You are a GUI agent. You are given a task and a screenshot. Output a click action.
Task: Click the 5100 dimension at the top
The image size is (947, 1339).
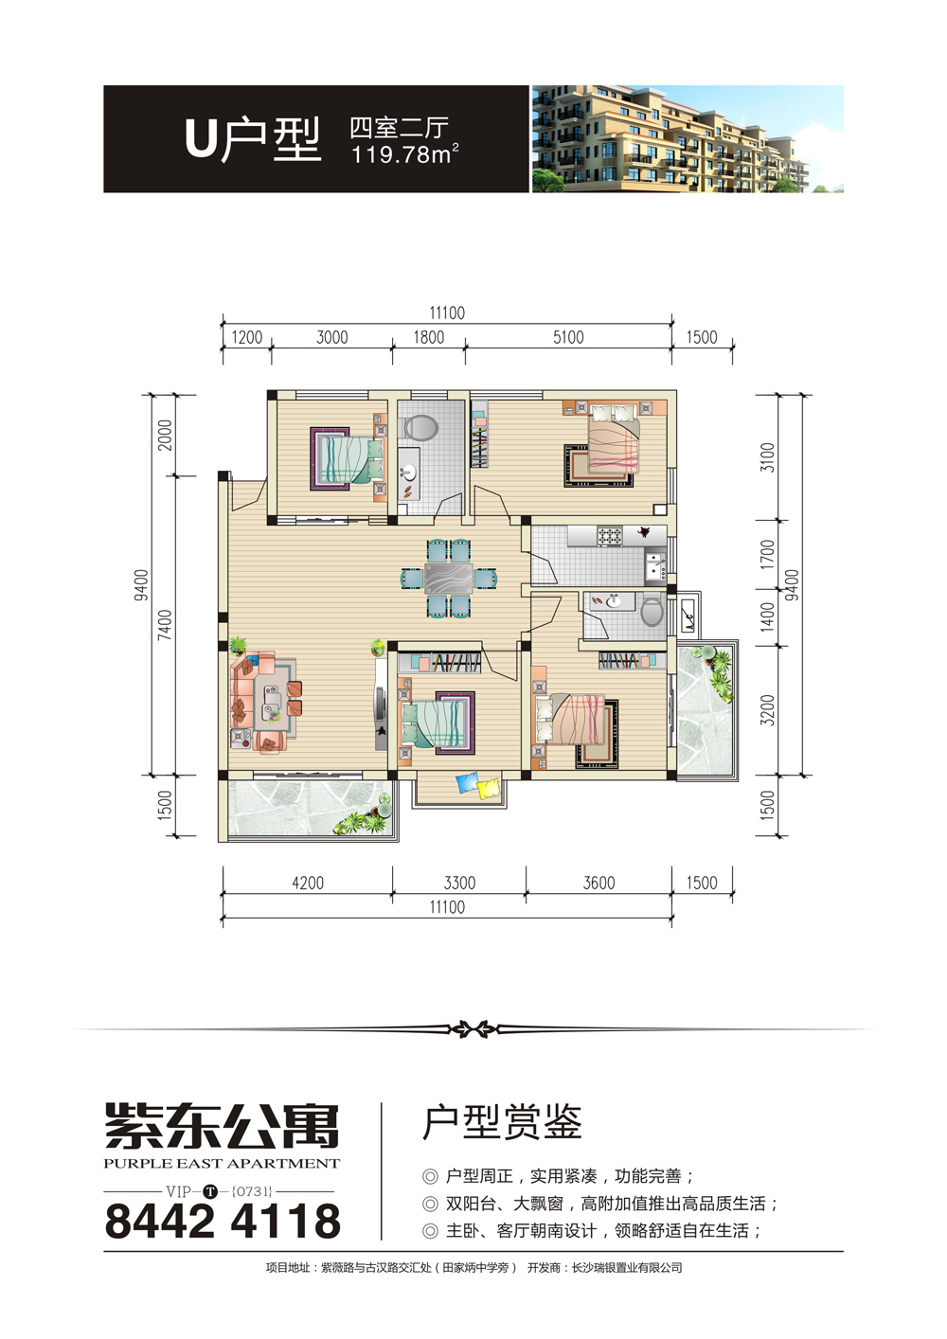[568, 338]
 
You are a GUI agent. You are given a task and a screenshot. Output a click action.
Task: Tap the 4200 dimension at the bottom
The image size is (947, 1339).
[308, 883]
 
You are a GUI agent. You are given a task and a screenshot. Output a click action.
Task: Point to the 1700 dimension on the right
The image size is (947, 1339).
[768, 554]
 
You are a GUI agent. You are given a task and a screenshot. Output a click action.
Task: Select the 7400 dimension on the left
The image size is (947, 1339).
[165, 625]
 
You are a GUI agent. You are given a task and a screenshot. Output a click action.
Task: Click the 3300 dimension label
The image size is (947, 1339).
[459, 883]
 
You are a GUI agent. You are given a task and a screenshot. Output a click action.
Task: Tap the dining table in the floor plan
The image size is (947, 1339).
[448, 578]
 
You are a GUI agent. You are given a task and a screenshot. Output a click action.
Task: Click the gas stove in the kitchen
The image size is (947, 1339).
[610, 535]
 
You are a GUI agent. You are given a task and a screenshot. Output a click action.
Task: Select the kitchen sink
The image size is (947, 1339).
[656, 566]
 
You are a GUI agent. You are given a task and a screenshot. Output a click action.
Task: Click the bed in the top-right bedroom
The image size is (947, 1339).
[614, 438]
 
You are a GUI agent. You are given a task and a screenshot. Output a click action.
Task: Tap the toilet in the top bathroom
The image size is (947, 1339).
[420, 427]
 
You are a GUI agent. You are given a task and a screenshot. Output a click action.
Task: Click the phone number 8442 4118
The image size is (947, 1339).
[223, 1222]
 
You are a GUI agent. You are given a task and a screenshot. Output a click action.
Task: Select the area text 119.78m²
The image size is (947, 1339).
[404, 154]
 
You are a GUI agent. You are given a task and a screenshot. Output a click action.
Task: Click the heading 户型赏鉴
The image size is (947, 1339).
[502, 1122]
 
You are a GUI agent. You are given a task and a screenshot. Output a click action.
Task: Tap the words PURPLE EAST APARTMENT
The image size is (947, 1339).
[222, 1163]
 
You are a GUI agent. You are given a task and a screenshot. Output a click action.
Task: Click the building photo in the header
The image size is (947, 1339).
[688, 138]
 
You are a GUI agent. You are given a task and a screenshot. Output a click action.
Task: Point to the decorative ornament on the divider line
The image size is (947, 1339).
[473, 1029]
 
